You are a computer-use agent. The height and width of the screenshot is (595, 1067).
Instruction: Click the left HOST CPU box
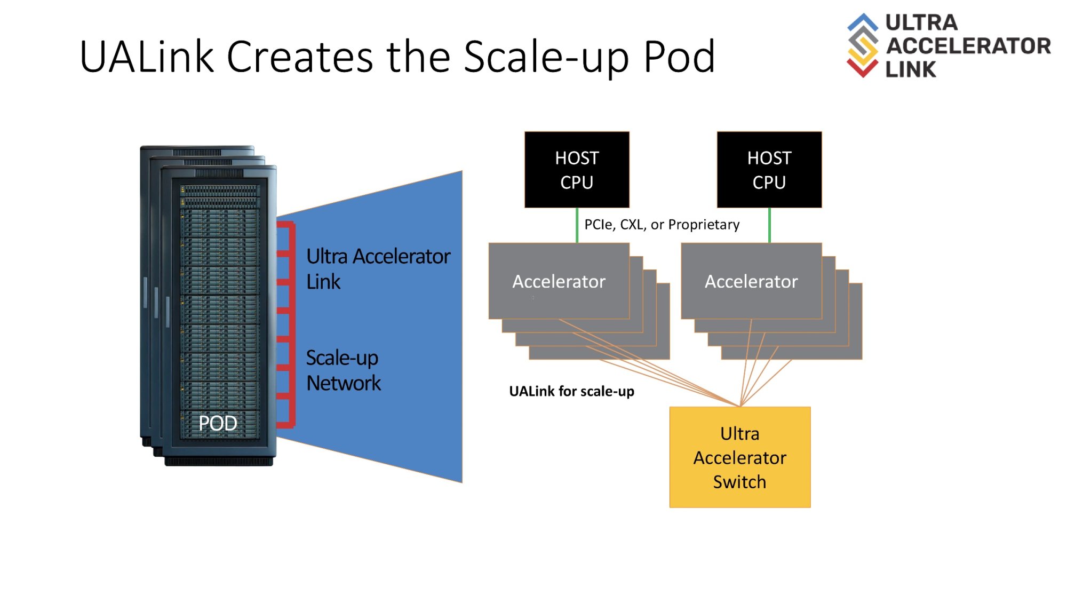(x=577, y=170)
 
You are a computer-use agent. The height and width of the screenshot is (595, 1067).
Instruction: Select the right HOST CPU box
(x=769, y=170)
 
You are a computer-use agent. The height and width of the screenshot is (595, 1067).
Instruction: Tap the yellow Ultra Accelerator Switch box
(x=739, y=457)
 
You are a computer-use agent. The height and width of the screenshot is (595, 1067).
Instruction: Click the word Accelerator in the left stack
(x=559, y=281)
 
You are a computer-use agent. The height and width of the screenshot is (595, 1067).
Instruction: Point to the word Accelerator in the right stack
(x=751, y=281)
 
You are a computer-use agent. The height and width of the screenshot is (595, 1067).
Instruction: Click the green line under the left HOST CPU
(x=577, y=226)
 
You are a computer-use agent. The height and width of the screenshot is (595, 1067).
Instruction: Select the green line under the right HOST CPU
(x=769, y=226)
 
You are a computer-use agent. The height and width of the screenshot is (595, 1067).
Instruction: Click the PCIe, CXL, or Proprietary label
(x=662, y=225)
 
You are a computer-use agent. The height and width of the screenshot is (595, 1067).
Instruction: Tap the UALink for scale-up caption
(x=571, y=391)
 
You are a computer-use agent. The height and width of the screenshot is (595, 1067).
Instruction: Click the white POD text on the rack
(x=218, y=423)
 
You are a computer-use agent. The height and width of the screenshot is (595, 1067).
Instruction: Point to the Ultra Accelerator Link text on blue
(x=378, y=268)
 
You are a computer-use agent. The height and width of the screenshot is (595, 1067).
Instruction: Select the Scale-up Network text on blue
(x=343, y=370)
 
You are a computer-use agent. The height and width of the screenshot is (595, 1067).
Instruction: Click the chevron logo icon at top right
(x=862, y=45)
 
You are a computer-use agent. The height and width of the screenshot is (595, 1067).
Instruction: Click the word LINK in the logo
(x=910, y=69)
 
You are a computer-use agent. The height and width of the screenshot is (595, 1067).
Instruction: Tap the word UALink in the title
(x=146, y=57)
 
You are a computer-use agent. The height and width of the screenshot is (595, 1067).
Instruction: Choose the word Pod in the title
(x=679, y=57)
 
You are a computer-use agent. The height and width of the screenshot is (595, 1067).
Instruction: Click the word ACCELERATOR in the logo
(x=968, y=46)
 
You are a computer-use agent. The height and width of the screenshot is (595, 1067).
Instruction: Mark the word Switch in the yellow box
(x=739, y=482)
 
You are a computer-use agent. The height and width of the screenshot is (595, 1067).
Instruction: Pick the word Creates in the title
(x=299, y=57)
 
